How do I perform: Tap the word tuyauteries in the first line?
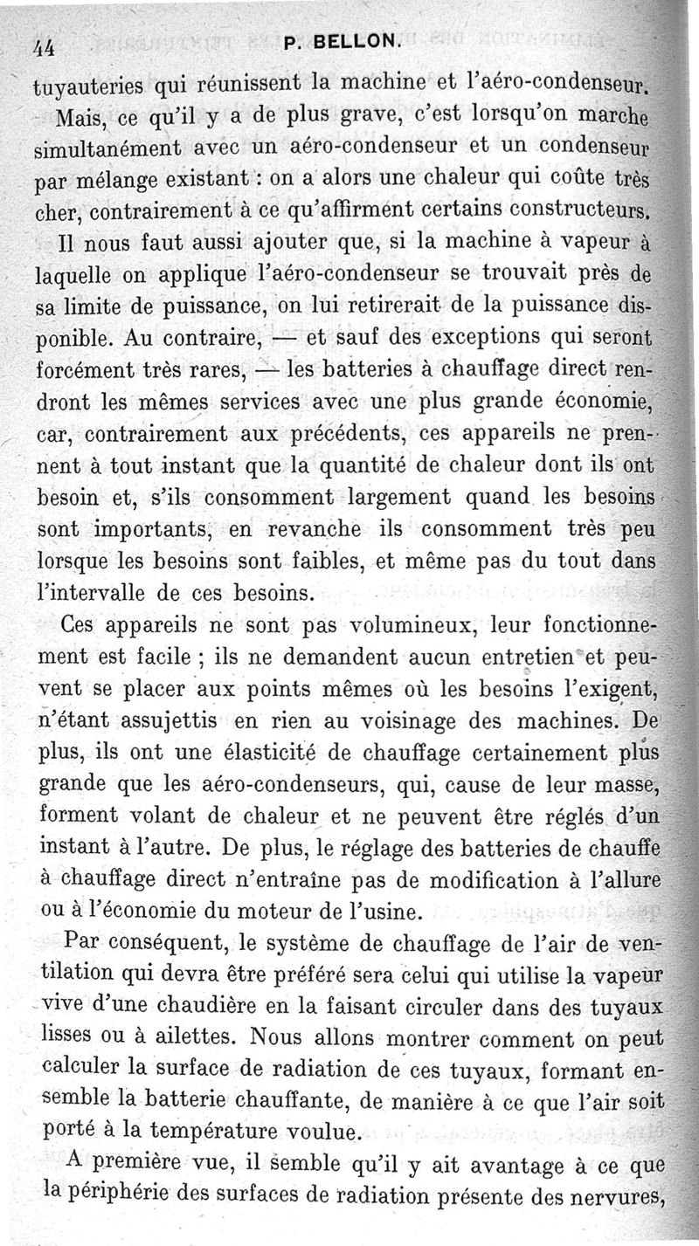coord(85,87)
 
